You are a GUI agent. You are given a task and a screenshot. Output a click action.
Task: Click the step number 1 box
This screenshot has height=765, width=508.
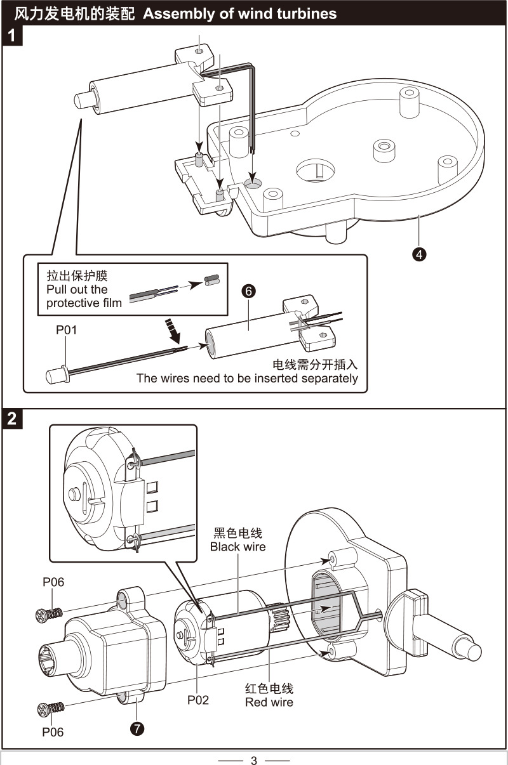coord(12,37)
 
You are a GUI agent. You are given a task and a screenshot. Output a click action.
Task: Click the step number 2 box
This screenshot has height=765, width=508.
coord(12,419)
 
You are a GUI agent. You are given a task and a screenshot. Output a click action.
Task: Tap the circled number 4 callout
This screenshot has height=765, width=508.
coord(418,254)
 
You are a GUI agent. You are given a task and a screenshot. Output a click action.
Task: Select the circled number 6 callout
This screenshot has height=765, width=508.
coord(248,291)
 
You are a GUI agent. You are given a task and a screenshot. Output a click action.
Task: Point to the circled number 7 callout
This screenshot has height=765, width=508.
coord(137,728)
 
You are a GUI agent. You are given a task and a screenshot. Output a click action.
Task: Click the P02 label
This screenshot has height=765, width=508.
coord(197,700)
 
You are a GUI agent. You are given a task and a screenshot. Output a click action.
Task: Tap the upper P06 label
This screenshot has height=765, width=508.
coord(53,582)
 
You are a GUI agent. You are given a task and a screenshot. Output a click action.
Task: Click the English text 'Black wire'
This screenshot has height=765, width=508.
coord(238,547)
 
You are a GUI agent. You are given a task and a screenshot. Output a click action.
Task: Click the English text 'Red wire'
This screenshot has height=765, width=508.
coord(269,702)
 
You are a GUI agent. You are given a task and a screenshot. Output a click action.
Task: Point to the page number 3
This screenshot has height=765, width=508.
coord(254,760)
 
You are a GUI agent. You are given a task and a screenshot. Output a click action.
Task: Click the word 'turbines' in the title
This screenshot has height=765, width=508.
coord(302,13)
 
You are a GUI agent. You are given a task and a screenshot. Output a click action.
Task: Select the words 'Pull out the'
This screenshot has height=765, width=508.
coord(77,290)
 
